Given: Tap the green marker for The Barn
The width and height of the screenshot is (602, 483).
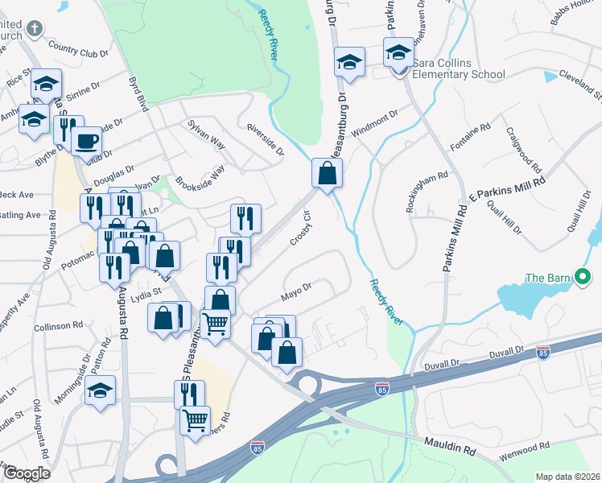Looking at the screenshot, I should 584,279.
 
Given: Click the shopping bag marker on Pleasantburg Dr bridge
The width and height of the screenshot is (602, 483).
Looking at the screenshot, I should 328,172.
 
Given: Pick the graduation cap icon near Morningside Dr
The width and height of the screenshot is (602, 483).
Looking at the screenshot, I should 100,392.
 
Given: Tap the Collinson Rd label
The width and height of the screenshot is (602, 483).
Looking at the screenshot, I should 59,326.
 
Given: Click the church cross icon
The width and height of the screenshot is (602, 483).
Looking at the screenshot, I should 34,30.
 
